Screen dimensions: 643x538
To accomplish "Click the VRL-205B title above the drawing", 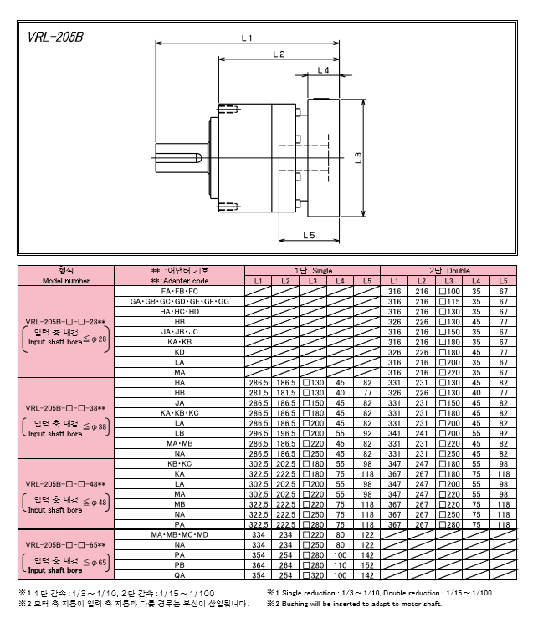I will click(55, 38).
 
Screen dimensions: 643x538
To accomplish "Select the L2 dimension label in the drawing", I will click(279, 54).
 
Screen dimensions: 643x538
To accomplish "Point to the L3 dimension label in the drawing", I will click(357, 156).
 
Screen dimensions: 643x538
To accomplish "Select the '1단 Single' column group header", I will click(313, 271).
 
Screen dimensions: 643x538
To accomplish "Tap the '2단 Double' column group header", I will click(449, 271).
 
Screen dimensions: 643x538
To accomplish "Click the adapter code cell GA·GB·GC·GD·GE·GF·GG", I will click(179, 301).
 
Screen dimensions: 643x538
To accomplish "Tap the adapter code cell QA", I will click(179, 574).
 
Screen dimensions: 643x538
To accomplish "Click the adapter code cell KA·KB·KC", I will click(179, 413).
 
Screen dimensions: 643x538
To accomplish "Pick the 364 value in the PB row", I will click(259, 564).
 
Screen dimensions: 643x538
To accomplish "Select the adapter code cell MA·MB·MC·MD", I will click(179, 534).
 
